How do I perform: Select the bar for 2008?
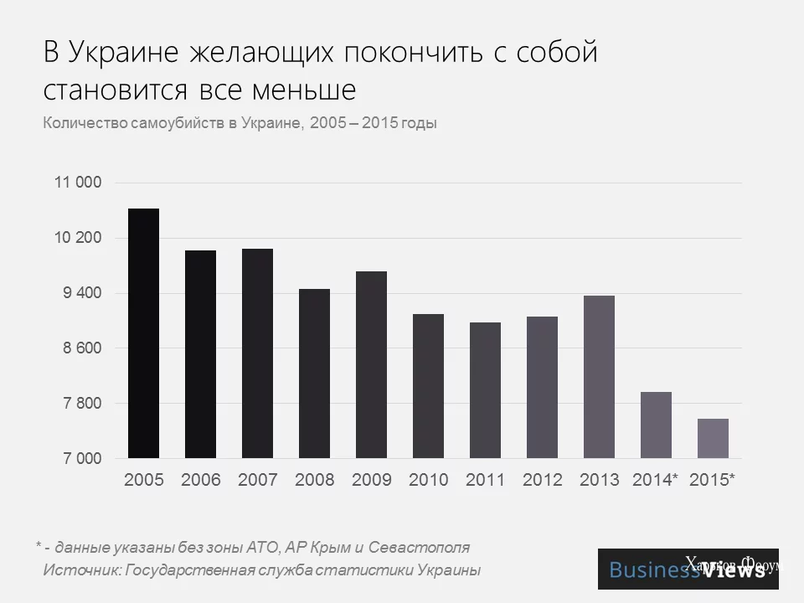pyautogui.click(x=314, y=374)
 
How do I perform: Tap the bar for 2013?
pyautogui.click(x=599, y=377)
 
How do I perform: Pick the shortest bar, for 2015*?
pyautogui.click(x=713, y=438)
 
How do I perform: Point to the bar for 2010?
pyautogui.click(x=428, y=386)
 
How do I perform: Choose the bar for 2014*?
pyautogui.click(x=656, y=425)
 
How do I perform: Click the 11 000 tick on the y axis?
pyautogui.click(x=78, y=183)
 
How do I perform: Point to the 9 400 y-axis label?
pyautogui.click(x=78, y=293)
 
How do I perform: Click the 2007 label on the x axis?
pyautogui.click(x=258, y=480)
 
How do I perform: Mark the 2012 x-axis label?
pyautogui.click(x=543, y=480)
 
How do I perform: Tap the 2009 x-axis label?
pyautogui.click(x=372, y=480)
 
